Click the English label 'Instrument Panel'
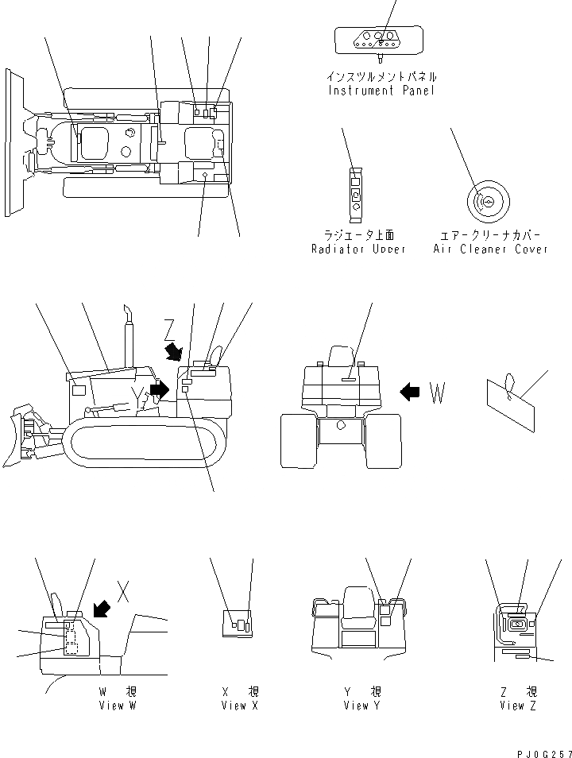(382, 91)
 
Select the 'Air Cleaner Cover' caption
(490, 249)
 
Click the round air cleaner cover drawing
(485, 202)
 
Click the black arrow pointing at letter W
(409, 392)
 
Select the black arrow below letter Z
(173, 350)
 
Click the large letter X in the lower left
(123, 590)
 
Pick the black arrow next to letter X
(102, 608)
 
